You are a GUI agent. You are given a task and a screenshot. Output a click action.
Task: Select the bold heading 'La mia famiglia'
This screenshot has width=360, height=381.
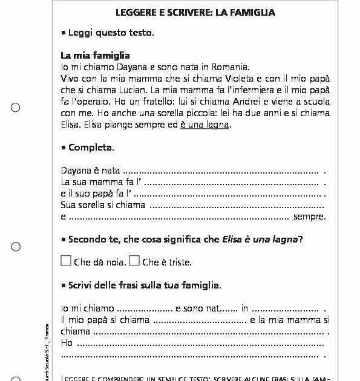coord(96,56)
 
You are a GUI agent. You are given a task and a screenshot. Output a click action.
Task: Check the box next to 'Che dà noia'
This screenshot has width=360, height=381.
coord(66,261)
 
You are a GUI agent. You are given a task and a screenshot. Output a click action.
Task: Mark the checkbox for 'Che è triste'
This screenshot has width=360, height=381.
coord(134,261)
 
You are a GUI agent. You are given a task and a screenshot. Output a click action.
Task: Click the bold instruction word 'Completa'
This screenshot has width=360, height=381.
coord(90,148)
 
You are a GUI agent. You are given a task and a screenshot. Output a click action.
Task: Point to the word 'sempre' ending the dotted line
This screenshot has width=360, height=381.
coord(309,217)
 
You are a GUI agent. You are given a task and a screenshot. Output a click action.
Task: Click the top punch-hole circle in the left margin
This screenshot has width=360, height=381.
coord(16,108)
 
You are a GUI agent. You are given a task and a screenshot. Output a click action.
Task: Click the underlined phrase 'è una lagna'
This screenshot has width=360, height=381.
coord(205,125)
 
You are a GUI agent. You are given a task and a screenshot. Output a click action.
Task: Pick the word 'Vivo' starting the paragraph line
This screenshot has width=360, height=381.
coord(71,79)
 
